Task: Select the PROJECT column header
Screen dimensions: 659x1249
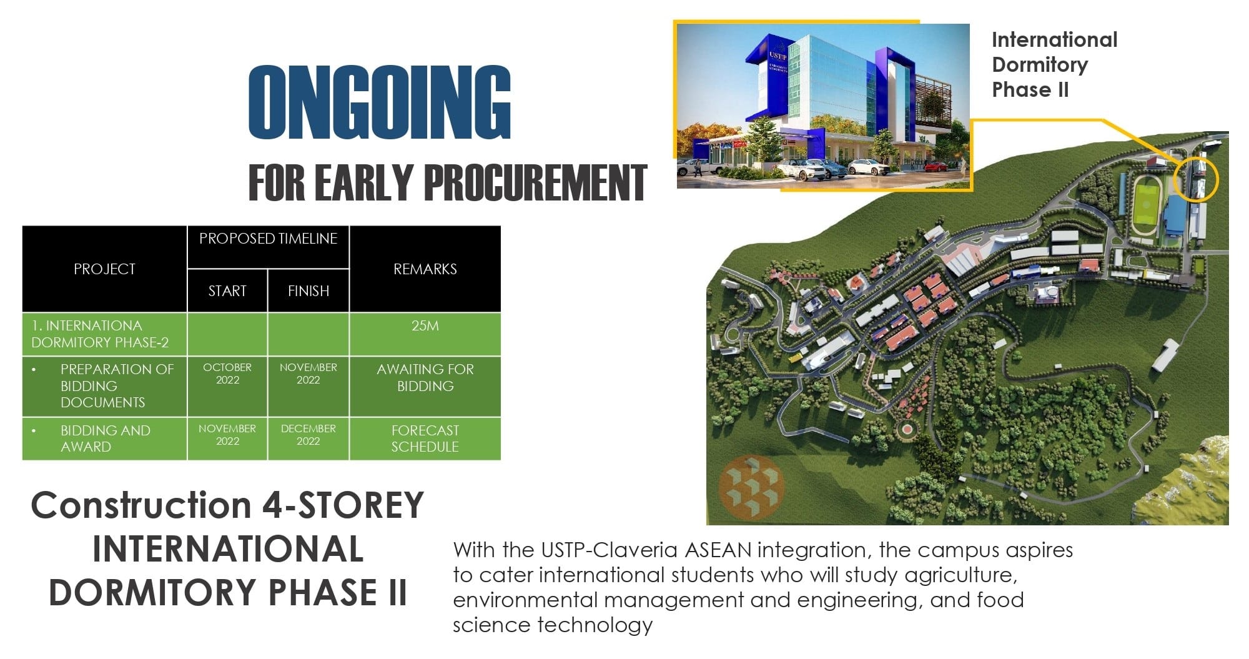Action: click(x=104, y=269)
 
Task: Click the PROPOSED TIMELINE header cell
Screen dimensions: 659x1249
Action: click(x=268, y=239)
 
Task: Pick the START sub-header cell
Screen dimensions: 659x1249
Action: click(x=227, y=291)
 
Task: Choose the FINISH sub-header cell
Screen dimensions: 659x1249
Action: click(x=308, y=291)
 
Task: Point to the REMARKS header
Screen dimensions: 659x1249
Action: click(x=425, y=269)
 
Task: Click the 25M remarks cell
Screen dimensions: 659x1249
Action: click(x=425, y=326)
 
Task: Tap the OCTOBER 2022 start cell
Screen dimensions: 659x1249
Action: click(x=227, y=374)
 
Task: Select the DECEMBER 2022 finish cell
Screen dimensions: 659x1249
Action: click(x=308, y=435)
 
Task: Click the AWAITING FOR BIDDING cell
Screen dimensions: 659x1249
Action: click(x=425, y=378)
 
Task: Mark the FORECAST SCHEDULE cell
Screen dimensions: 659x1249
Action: click(x=425, y=439)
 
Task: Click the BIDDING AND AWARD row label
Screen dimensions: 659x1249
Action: click(x=105, y=439)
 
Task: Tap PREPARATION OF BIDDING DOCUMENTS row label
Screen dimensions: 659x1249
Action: click(x=116, y=386)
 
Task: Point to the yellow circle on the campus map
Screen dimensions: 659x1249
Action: click(x=1195, y=179)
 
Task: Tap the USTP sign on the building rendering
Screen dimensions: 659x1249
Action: click(x=777, y=56)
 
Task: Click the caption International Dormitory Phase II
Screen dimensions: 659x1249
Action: click(x=1054, y=65)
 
